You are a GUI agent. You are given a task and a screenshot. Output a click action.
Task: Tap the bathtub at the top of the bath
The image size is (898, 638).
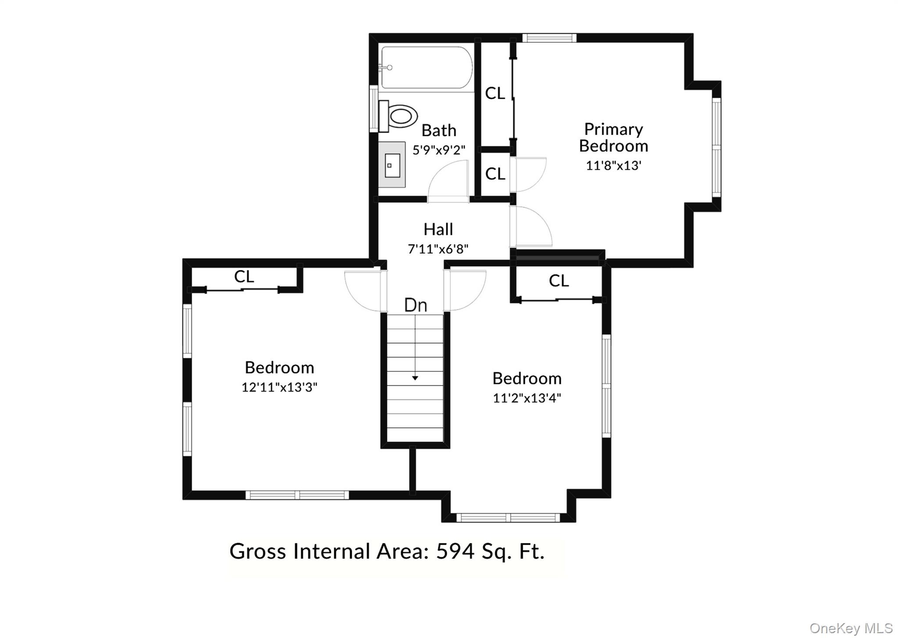point(427,68)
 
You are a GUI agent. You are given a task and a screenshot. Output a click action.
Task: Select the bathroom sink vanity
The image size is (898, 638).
point(392,165)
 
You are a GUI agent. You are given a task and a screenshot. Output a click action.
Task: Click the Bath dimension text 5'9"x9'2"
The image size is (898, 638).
point(438,150)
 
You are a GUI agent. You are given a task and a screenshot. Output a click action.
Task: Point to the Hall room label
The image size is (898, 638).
point(438,229)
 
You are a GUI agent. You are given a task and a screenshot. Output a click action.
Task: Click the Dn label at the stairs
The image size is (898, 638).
point(415,305)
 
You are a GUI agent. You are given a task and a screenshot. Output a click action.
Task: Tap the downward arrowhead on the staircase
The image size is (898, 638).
point(415,378)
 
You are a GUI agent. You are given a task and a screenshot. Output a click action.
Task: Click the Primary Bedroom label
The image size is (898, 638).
point(613,138)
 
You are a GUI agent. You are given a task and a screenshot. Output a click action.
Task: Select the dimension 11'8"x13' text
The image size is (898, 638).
point(613,166)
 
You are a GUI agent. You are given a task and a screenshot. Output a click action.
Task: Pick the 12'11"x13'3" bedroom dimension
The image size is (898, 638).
point(279,387)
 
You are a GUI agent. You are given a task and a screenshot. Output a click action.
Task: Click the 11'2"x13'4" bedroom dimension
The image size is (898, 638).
point(527,398)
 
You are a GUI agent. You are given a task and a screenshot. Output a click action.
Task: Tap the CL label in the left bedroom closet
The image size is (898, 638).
point(244,276)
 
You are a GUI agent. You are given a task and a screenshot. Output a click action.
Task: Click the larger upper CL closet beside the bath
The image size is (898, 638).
point(495,93)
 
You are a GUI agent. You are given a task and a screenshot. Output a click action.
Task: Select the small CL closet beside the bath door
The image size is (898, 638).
point(495,174)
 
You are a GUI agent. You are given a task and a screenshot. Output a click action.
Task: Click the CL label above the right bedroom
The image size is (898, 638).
point(559,281)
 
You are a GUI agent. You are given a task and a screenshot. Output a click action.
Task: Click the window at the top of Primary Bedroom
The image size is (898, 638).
point(549,38)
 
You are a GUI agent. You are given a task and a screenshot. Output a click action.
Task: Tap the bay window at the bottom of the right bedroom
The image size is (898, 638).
point(508,517)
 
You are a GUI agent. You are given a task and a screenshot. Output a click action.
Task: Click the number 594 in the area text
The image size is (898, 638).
point(455,551)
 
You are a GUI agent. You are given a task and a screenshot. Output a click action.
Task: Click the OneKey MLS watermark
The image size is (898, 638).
point(851,628)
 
